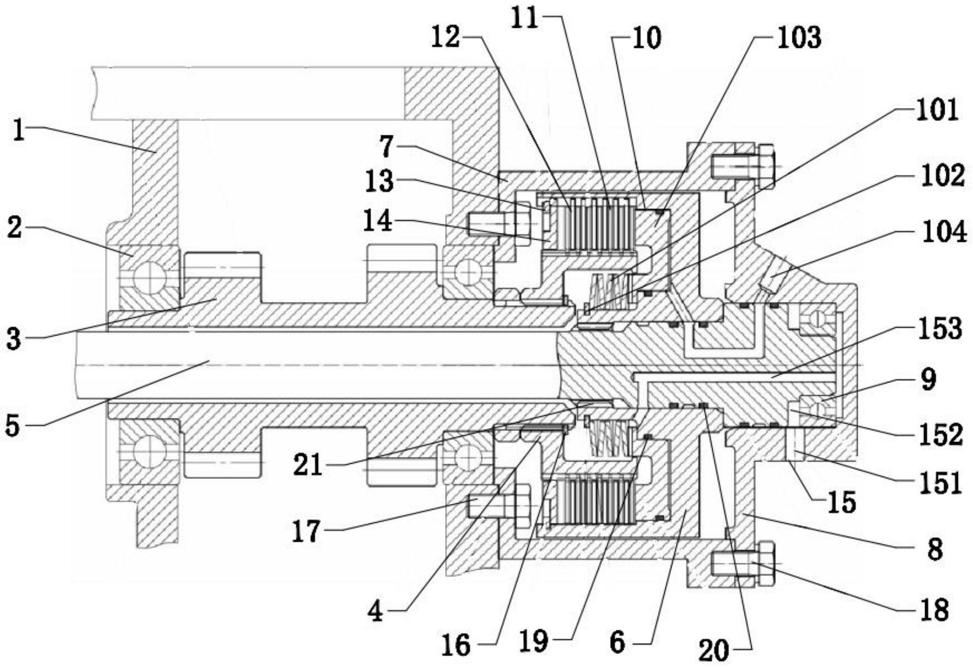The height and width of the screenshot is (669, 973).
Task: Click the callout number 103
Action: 799,39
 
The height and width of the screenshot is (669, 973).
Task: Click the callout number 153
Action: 940,328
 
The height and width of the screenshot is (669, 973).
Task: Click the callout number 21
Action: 308,465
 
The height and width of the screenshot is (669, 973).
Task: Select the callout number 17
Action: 307,531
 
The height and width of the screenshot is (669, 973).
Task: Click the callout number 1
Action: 19,130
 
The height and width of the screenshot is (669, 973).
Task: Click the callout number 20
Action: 714,650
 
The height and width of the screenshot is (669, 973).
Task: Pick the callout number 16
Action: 456,644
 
